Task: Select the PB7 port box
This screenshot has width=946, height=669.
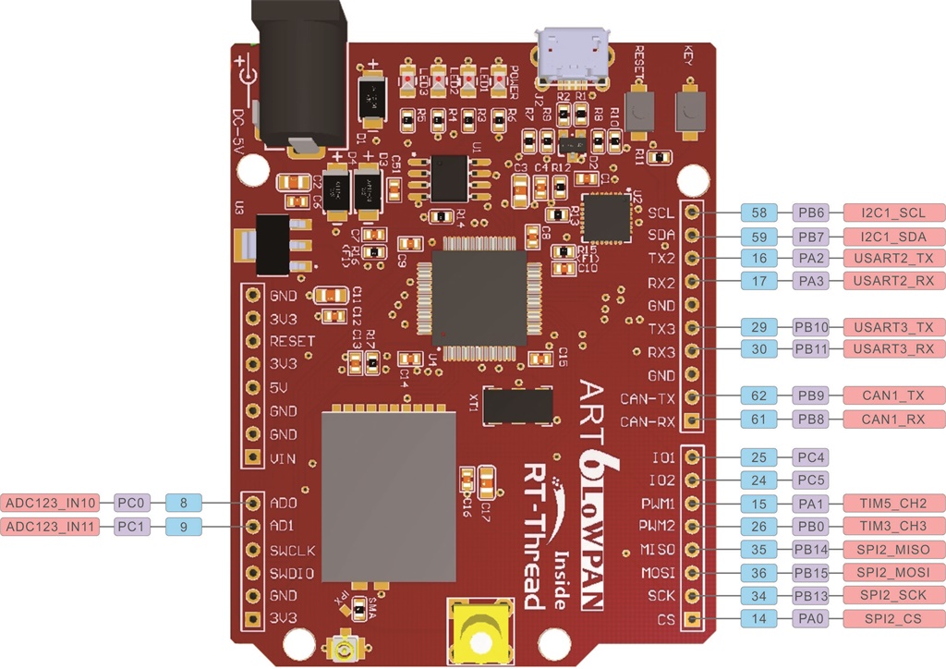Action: [810, 236]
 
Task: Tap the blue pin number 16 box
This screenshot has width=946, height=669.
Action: [760, 259]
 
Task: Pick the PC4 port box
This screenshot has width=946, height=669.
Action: [810, 457]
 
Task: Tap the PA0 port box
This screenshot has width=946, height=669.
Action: [810, 618]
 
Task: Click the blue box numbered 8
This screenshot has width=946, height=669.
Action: [184, 504]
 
